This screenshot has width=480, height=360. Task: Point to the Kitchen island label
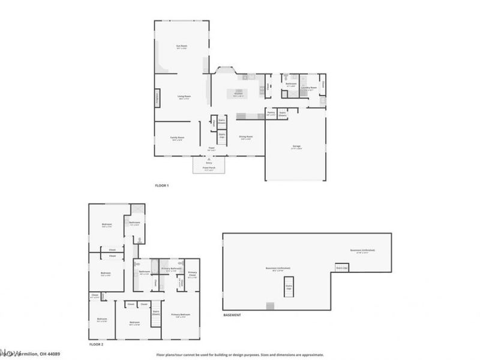(238, 94)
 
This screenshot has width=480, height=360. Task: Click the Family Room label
(177, 138)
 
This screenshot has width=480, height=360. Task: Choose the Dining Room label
(245, 137)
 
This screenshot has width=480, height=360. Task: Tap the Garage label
(295, 148)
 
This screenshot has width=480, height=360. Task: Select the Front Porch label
(209, 169)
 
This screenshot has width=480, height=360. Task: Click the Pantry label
(271, 113)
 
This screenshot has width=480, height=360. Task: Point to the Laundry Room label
(308, 88)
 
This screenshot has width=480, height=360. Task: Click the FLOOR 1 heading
(162, 185)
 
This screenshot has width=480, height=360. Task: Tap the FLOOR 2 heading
(97, 345)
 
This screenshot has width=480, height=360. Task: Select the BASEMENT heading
(232, 315)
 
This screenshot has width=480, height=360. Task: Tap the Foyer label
(211, 148)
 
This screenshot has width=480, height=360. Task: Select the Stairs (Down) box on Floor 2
(156, 313)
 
